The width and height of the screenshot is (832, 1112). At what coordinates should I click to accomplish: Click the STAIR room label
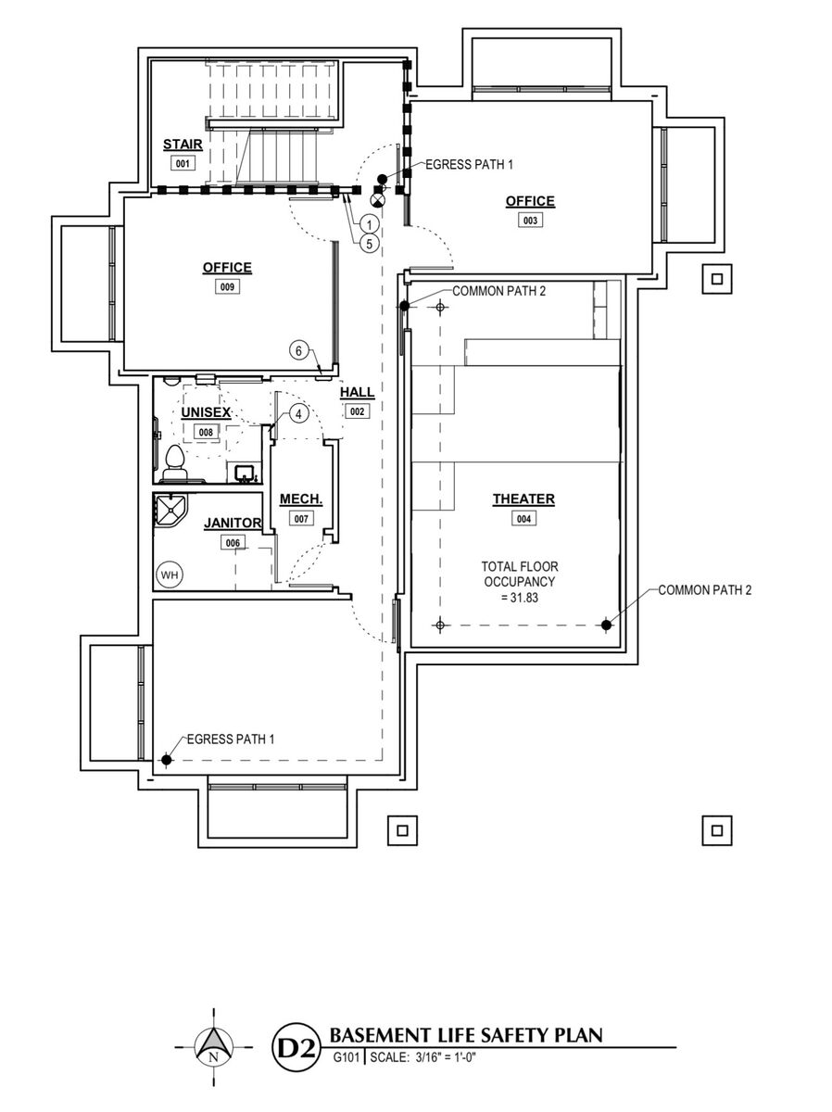pos(182,145)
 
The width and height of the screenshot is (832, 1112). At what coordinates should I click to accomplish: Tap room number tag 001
pos(182,163)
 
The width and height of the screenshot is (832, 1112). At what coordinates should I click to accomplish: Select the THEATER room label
pos(523,499)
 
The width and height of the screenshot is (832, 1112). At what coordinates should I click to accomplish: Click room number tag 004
pos(523,518)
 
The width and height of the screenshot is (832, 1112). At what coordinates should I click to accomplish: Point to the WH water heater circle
pos(170,575)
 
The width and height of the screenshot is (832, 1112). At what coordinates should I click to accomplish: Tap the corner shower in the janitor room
pos(170,510)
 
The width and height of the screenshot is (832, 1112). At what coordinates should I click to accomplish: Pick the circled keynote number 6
pos(298,350)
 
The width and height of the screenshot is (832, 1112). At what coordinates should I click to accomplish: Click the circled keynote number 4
pos(296,414)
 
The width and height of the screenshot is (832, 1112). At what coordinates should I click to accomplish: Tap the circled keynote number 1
pos(368,224)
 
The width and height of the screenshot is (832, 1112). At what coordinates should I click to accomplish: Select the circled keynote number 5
pos(368,244)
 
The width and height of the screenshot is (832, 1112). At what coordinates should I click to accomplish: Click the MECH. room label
pos(301,499)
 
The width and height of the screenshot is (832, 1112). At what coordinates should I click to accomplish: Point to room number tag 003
pos(530,221)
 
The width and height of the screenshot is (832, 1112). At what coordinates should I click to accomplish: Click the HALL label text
pos(357,393)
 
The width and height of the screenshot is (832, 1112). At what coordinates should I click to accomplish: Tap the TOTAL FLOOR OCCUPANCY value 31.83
pos(518,598)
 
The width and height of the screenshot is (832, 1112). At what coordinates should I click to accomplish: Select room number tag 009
pos(227,287)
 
